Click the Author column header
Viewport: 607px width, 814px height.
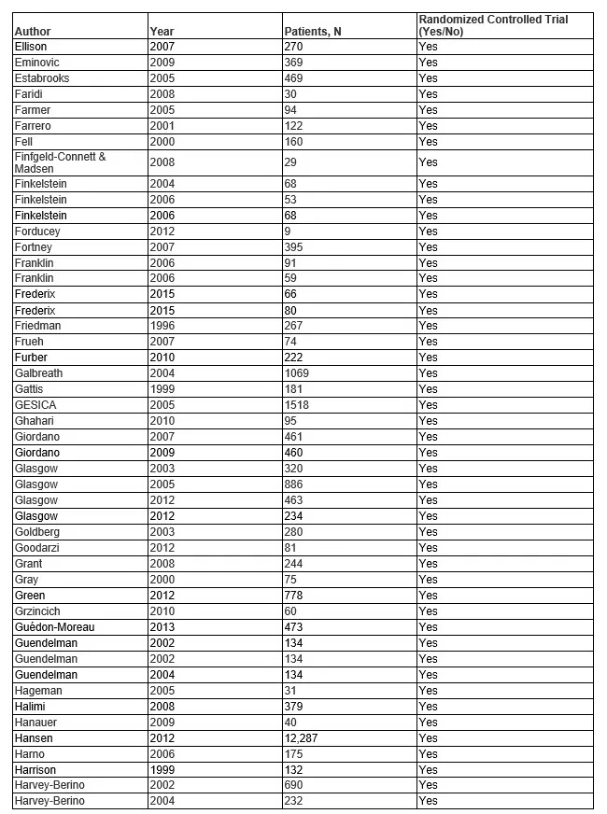tap(33, 32)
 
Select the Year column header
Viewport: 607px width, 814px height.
tap(161, 32)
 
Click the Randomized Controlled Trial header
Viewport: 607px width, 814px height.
tap(492, 25)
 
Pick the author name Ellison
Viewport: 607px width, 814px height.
tap(31, 46)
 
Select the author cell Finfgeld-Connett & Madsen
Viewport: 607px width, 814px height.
tap(60, 162)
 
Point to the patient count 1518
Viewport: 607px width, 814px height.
tap(297, 405)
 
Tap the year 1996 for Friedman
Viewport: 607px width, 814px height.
tap(161, 326)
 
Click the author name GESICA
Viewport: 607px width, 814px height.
tap(35, 405)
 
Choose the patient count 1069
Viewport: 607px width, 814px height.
tap(297, 373)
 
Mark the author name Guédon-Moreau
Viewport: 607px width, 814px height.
tap(54, 627)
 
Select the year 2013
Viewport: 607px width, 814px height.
tap(161, 627)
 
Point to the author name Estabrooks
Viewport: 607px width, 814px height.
tap(42, 77)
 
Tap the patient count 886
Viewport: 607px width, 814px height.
tap(294, 484)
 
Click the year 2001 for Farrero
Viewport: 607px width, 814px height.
tap(161, 125)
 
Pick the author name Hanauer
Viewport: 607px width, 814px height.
tap(36, 723)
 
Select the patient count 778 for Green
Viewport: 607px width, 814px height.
tap(294, 596)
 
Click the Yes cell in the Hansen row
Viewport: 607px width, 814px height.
tap(429, 738)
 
